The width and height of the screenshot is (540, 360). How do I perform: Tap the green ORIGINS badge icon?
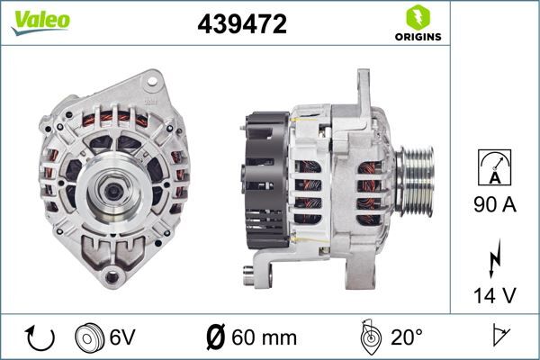pyautogui.click(x=416, y=17)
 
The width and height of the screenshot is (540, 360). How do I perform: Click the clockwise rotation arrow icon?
pyautogui.click(x=41, y=338)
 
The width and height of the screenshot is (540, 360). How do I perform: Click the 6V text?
pyautogui.click(x=122, y=338)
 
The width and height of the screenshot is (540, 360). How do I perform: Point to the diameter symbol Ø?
pyautogui.click(x=216, y=338)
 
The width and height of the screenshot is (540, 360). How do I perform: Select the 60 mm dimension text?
pyautogui.click(x=264, y=338)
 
